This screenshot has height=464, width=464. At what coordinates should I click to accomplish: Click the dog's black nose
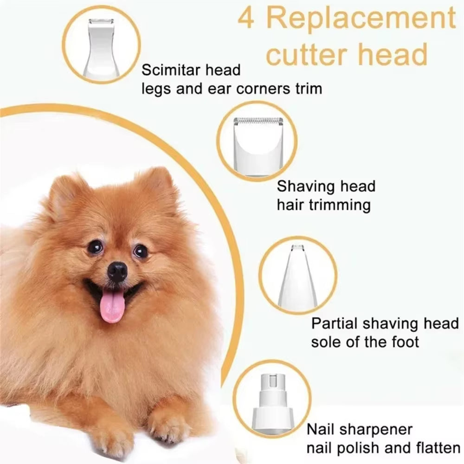[117, 271]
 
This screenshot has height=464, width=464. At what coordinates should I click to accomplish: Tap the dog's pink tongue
[112, 306]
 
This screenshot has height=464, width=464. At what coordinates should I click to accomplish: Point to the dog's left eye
[141, 251]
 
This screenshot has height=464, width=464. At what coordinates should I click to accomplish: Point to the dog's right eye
[95, 246]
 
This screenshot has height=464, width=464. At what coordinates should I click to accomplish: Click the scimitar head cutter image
[101, 46]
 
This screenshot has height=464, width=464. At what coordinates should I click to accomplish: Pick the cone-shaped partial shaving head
[298, 276]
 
